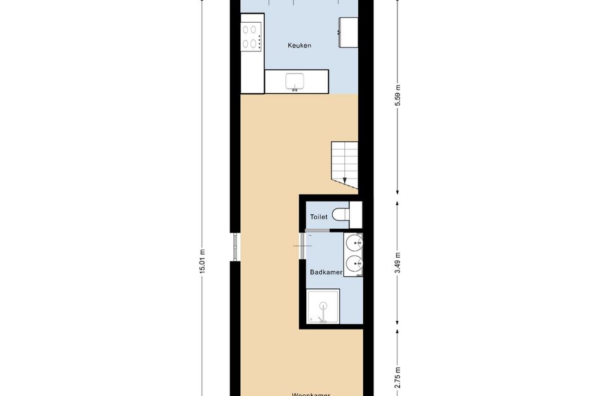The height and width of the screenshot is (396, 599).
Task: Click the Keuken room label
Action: click(299, 46)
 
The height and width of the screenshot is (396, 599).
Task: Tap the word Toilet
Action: click(319, 217)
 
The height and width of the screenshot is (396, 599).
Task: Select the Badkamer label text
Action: click(326, 272)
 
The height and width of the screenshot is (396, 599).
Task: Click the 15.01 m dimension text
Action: click(202, 260)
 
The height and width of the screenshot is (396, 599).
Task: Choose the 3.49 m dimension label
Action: click(398, 262)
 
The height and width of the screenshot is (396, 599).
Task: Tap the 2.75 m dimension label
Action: click(398, 377)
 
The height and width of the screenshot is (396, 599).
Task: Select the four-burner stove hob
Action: click(252, 36)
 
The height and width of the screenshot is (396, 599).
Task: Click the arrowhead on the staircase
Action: click(345, 181)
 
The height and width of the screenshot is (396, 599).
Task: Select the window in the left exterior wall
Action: click(235, 247)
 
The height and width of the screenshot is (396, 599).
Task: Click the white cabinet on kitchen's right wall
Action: click(348, 32)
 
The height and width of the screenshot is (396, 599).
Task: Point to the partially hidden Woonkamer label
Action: click(311, 393)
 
